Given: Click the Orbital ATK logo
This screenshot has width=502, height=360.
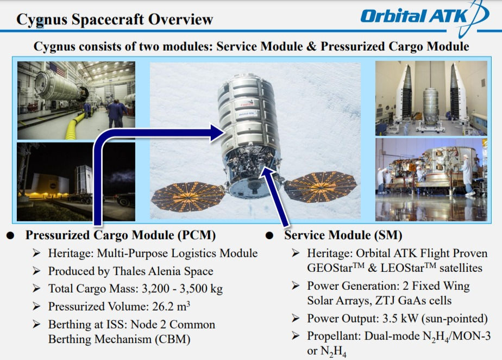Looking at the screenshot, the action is click(x=424, y=16).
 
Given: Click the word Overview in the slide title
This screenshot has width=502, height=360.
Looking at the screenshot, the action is click(x=180, y=19).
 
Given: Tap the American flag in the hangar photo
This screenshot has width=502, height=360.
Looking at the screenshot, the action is click(x=57, y=69).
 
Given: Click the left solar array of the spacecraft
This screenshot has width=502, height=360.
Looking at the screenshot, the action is click(x=188, y=196).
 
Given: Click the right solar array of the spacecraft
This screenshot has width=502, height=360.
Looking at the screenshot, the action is click(x=321, y=187).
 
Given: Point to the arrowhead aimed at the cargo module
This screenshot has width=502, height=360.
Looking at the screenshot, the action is click(x=217, y=133).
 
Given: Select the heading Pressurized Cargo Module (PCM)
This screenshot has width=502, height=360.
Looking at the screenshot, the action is click(x=121, y=235).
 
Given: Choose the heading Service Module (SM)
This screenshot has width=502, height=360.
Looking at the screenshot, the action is click(x=343, y=235).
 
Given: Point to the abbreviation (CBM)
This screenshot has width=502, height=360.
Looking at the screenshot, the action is click(x=173, y=339).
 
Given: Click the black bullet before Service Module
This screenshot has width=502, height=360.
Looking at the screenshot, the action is click(x=269, y=235).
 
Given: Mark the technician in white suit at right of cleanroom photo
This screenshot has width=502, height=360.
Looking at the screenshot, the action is click(x=467, y=175).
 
